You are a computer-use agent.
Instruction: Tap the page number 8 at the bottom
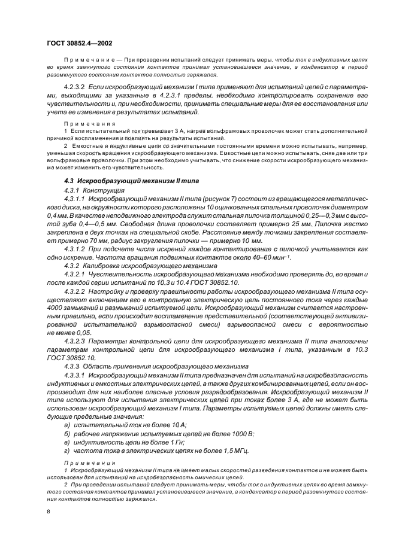click(49, 511)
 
